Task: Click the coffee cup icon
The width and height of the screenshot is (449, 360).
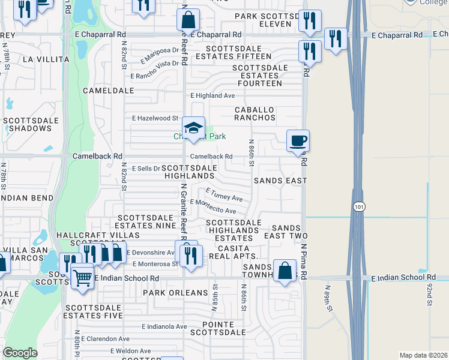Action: pyautogui.click(x=298, y=142)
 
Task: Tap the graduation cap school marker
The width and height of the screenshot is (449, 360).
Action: pyautogui.click(x=193, y=128)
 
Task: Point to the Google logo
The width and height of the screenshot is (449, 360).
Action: pyautogui.click(x=20, y=353)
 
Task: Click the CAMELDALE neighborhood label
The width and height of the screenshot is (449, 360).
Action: pyautogui.click(x=109, y=90)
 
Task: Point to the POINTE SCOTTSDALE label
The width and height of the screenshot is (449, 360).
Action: pyautogui.click(x=218, y=328)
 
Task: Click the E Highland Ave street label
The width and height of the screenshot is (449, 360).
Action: pyautogui.click(x=212, y=95)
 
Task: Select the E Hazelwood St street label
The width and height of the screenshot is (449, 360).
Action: pyautogui.click(x=155, y=118)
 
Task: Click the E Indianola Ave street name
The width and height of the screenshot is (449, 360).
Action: pyautogui.click(x=164, y=326)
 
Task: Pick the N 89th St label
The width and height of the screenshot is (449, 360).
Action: pyautogui.click(x=328, y=299)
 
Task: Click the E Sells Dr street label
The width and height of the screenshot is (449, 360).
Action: pyautogui.click(x=146, y=169)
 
